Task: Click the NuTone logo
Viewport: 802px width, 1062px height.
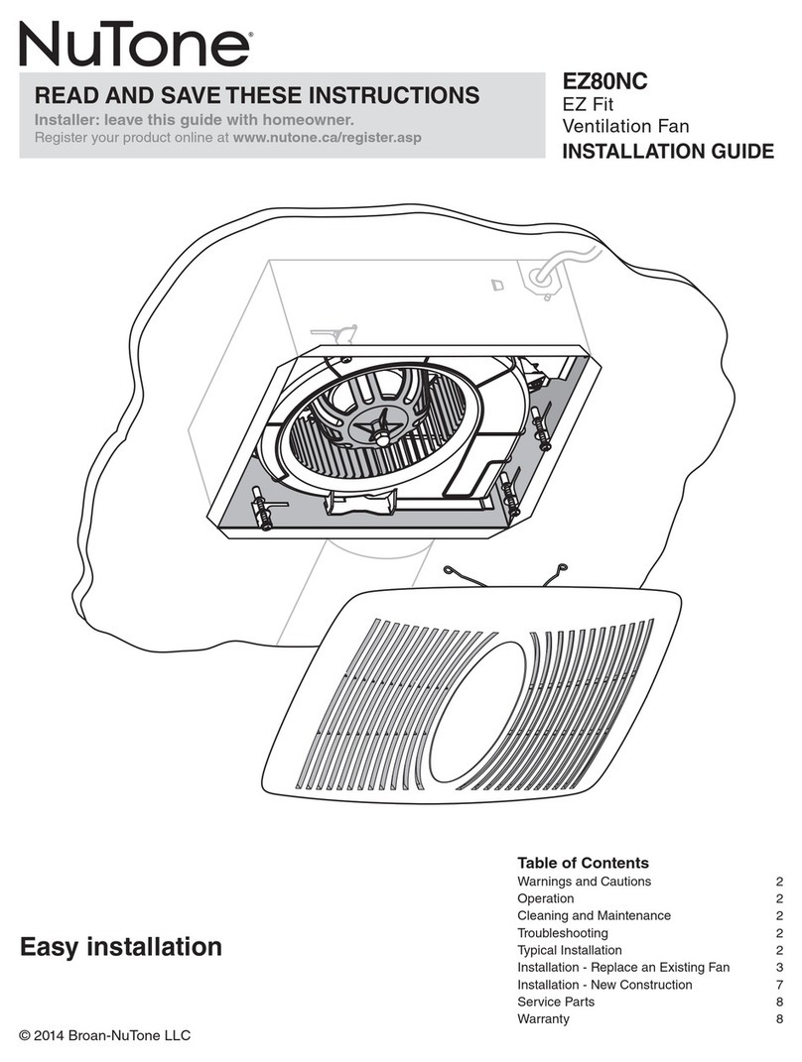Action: pyautogui.click(x=133, y=46)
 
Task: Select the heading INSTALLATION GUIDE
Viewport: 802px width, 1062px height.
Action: pyautogui.click(x=668, y=152)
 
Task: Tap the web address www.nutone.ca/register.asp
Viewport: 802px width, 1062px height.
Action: pyautogui.click(x=327, y=137)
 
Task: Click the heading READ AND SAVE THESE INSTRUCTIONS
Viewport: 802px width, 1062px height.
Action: pyautogui.click(x=257, y=96)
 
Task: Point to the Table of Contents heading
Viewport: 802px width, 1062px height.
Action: pyautogui.click(x=583, y=863)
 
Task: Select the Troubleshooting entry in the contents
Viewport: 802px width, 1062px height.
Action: pyautogui.click(x=563, y=933)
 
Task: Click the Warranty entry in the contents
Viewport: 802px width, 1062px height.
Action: pyautogui.click(x=543, y=1019)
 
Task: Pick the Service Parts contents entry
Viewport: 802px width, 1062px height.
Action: pyautogui.click(x=555, y=1003)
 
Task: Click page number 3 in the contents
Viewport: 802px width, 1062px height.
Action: pyautogui.click(x=779, y=968)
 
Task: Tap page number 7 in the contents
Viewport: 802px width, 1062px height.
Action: pyautogui.click(x=779, y=985)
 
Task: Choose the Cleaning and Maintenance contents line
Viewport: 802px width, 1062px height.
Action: pyautogui.click(x=594, y=916)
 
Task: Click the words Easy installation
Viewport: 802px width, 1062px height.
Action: pyautogui.click(x=121, y=947)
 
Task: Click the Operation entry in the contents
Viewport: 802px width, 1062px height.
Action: pyautogui.click(x=545, y=898)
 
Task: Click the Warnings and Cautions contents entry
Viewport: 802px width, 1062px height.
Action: pyautogui.click(x=584, y=882)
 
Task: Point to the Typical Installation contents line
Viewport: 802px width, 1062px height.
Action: pyautogui.click(x=570, y=950)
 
